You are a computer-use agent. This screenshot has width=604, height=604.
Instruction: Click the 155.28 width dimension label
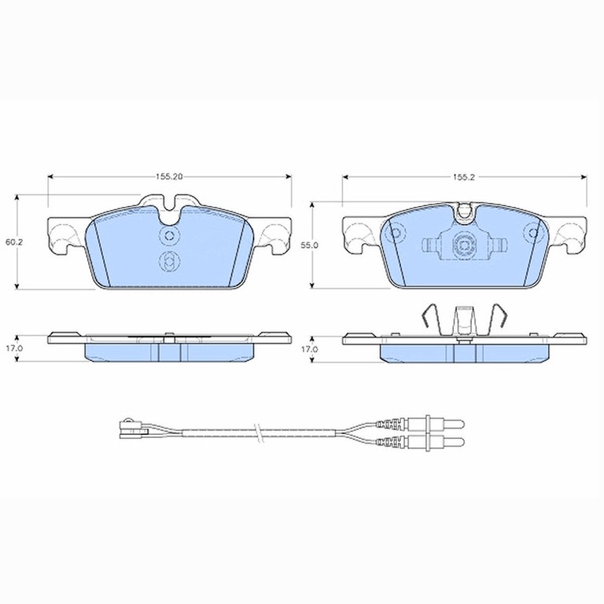[x=169, y=177]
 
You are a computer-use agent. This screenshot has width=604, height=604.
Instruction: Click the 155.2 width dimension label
[x=464, y=177]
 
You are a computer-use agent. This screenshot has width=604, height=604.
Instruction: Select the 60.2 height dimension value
[x=14, y=242]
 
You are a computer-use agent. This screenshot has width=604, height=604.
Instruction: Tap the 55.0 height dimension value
[x=309, y=245]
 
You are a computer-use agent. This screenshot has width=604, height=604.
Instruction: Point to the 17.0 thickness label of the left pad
[x=14, y=348]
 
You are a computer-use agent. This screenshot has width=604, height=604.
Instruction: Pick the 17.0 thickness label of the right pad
[x=309, y=349]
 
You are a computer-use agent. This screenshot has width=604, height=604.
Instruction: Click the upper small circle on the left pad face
[x=169, y=235]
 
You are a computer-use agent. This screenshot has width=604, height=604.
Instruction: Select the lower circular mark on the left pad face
[x=169, y=262]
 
